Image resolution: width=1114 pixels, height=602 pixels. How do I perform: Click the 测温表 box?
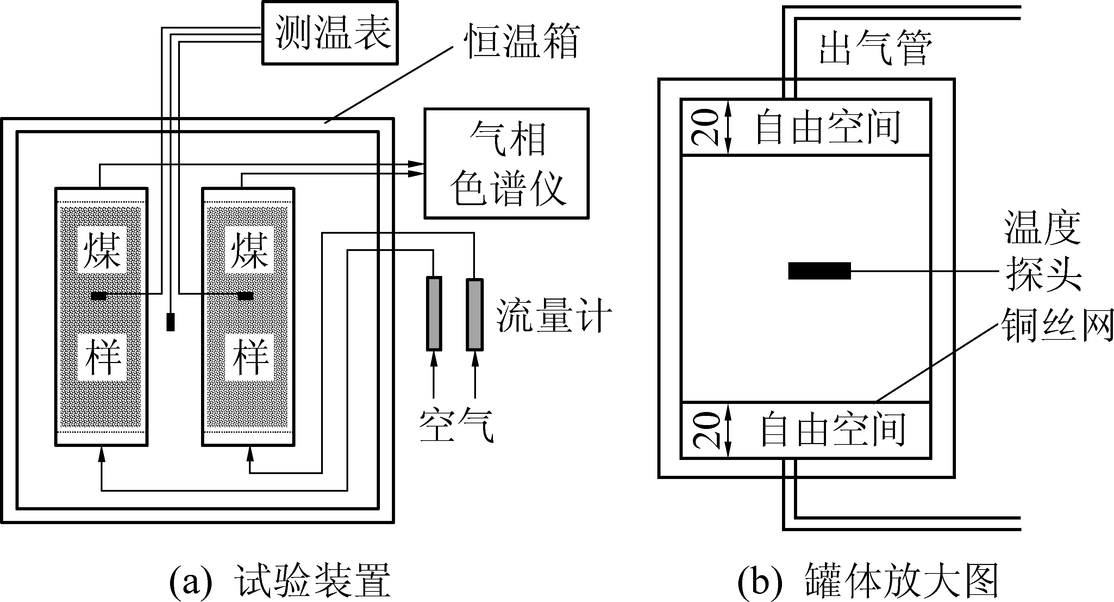click(330, 33)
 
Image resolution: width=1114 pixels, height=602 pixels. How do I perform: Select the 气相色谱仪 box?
click(506, 163)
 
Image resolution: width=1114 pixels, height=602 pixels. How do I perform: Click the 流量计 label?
click(554, 315)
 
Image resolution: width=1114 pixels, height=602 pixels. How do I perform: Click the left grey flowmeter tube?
click(434, 313)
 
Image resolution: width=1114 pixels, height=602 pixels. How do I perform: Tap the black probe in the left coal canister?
click(99, 296)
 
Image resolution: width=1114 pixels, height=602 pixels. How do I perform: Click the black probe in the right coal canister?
click(246, 296)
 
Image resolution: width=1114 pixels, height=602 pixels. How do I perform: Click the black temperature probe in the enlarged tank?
click(819, 271)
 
